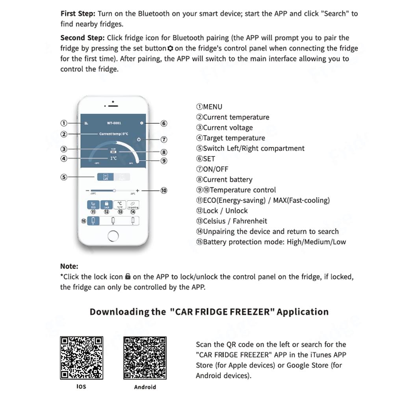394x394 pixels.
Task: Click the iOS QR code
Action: point(81,357)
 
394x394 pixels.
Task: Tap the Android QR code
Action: point(145,358)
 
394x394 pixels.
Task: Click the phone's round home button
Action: point(113,236)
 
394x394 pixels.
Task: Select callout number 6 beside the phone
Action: point(164,123)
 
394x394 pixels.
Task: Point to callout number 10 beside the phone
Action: point(164,190)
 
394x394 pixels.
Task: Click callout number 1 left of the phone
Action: point(64,123)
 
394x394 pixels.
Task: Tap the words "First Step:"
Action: point(78,13)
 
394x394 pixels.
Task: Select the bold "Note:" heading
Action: point(69,266)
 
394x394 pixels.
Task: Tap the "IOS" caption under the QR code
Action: point(81,386)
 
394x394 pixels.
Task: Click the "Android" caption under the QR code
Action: point(145,387)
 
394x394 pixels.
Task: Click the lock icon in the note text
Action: point(128,277)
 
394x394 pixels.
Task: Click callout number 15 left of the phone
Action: point(84,221)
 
